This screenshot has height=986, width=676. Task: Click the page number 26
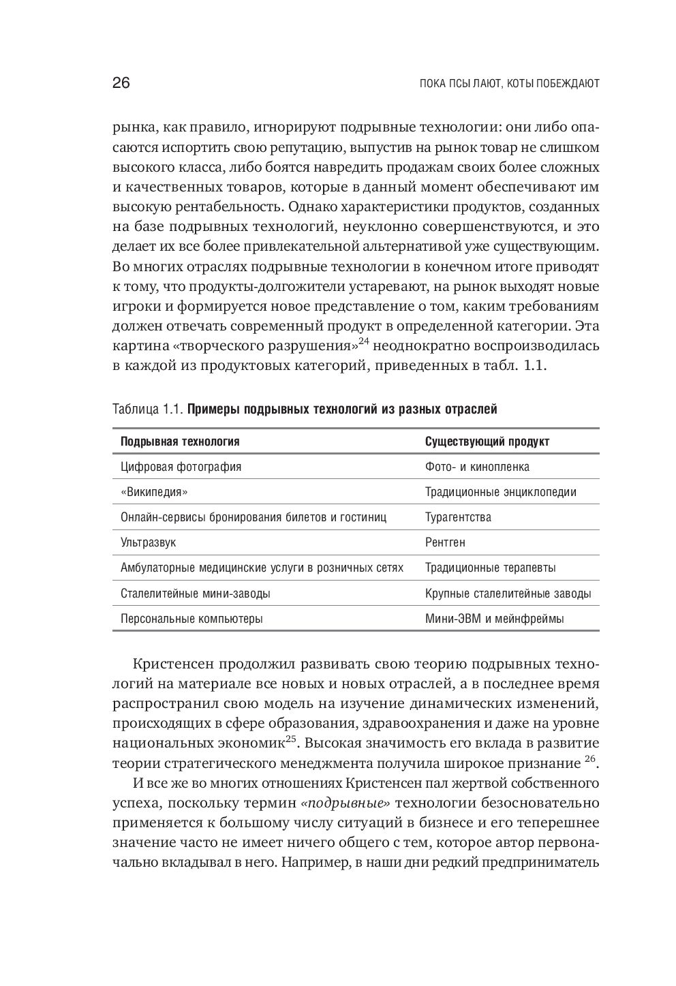pos(121,84)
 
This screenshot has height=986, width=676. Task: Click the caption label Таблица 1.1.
pos(147,410)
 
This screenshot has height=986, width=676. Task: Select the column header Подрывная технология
pos(180,442)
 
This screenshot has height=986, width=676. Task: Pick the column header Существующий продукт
pos(487,442)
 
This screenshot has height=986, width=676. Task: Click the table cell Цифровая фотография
pos(181,467)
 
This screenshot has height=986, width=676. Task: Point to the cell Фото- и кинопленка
pos(477,467)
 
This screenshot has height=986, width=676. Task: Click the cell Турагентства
pos(458,517)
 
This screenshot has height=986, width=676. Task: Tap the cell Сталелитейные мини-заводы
pos(195,594)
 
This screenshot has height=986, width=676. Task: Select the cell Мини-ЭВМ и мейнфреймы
pos(494,619)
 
